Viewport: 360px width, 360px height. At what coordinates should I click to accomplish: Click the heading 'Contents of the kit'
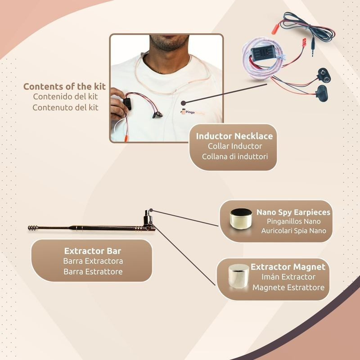coord(64,86)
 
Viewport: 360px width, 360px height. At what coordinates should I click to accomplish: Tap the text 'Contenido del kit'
coord(65,97)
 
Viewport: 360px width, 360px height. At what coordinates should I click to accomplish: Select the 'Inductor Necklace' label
coord(234,136)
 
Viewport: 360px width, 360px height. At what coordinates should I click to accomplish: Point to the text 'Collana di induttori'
coord(235,157)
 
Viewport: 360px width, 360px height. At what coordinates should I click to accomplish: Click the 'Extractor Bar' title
coord(93,251)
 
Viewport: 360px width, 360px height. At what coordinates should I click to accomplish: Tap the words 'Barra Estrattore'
coord(93,272)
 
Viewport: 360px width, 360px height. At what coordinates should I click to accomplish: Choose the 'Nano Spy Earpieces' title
coord(293,212)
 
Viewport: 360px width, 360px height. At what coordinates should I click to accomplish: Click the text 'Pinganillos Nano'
coord(294,221)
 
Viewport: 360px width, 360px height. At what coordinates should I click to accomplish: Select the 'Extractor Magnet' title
coord(288,267)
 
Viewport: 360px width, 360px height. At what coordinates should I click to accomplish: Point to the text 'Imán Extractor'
coord(288,277)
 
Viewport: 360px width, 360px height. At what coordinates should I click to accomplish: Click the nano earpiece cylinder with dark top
coord(241,218)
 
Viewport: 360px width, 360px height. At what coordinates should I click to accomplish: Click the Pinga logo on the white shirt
coord(193,112)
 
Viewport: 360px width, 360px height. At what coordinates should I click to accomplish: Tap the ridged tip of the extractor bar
coord(33,228)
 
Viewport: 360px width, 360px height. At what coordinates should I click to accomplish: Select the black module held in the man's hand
coord(127,104)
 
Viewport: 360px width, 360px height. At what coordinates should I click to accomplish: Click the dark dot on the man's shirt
coord(183,103)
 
